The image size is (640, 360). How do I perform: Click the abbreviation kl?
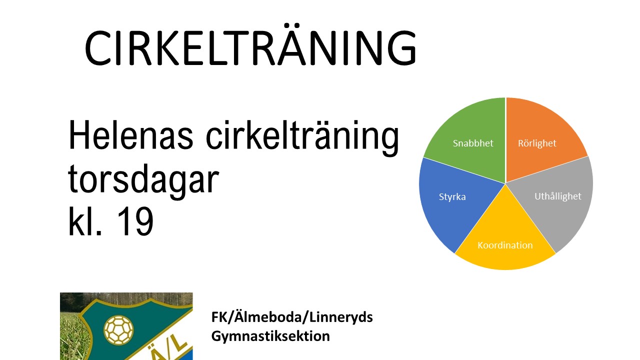pos(85,220)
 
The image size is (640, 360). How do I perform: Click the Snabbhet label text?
pos(473,143)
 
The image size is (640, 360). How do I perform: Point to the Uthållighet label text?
pos(557,196)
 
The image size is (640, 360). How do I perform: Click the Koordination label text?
pos(505,245)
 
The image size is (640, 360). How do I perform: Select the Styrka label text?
pos(452,197)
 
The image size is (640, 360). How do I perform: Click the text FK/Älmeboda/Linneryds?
pos(292,317)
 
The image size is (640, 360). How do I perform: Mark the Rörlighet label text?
pos(537,143)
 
